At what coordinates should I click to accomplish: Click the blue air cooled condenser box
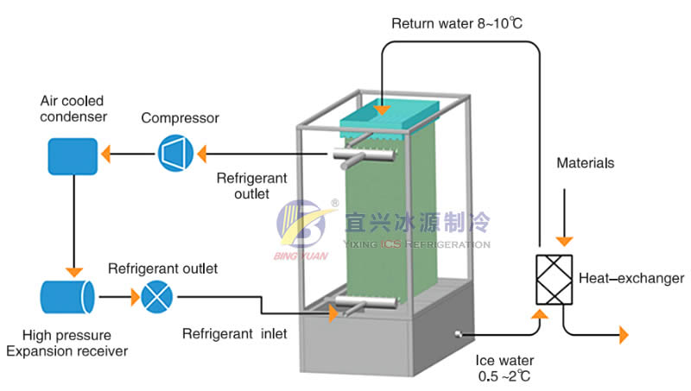(73, 155)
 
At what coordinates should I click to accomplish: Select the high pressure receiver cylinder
(67, 297)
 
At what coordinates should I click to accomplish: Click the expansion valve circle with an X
(156, 297)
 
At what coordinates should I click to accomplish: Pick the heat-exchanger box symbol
(549, 280)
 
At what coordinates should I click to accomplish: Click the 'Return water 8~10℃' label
(457, 22)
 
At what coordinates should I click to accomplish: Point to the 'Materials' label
(585, 162)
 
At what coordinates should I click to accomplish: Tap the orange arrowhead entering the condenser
(105, 155)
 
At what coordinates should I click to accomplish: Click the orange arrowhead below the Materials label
(563, 241)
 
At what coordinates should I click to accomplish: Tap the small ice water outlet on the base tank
(457, 335)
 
